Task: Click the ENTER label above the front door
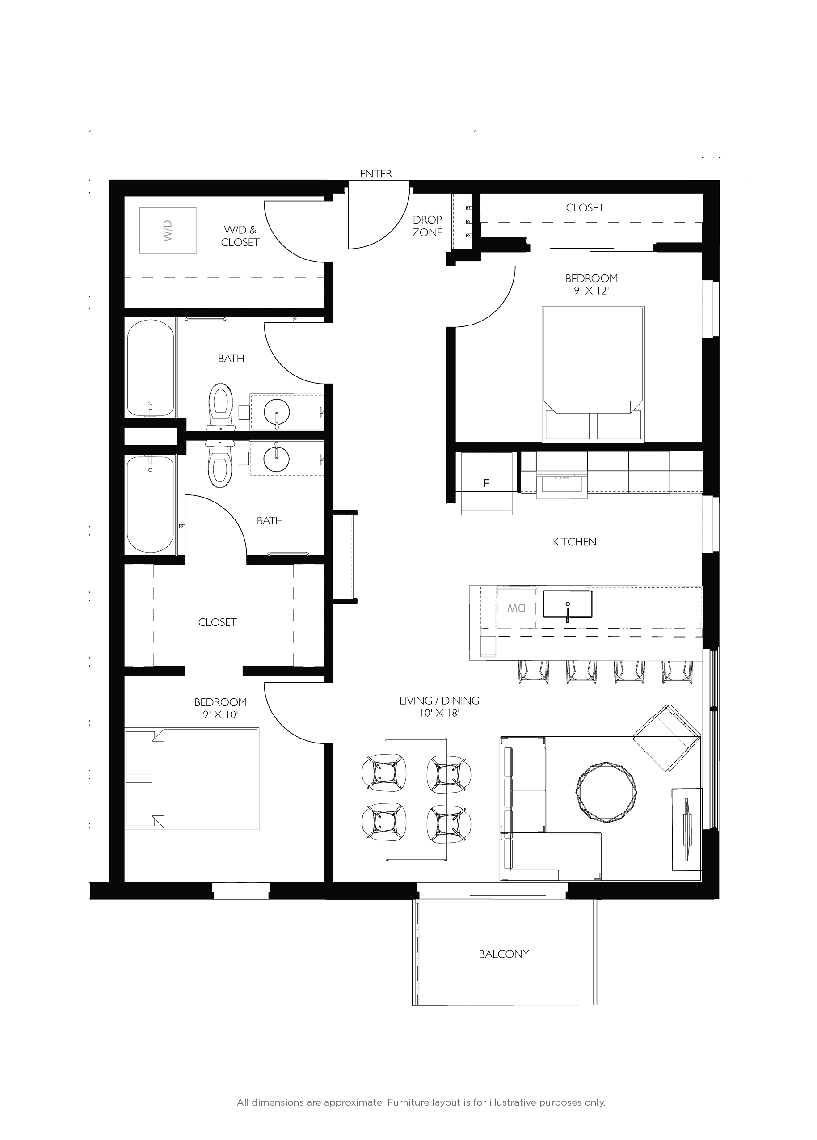[376, 174]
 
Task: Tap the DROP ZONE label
[427, 226]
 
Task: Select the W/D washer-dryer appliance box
[167, 230]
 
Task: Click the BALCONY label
[504, 954]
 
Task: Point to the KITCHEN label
[574, 542]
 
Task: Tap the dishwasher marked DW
[516, 608]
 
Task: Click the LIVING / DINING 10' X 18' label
[439, 707]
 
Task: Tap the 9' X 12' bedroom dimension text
[591, 291]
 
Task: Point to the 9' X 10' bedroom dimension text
[221, 714]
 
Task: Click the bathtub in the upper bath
[151, 369]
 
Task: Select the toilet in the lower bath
[221, 464]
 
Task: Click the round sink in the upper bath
[276, 413]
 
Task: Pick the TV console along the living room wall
[686, 829]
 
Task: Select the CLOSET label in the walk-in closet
[217, 622]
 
